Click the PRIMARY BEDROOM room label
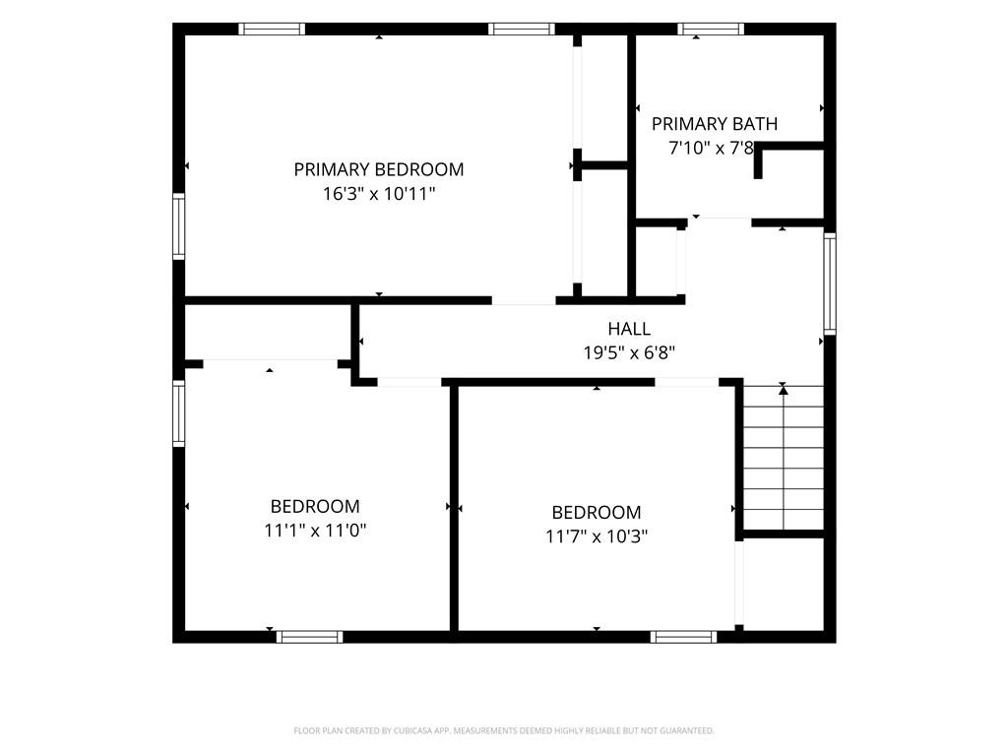[379, 169]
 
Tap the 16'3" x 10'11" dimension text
[379, 194]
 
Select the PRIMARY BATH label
[715, 123]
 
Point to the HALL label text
[629, 329]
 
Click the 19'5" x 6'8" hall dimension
[629, 353]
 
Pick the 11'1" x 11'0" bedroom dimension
[315, 531]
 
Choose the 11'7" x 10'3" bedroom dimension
[597, 536]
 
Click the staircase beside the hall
[784, 457]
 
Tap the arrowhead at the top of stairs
[783, 388]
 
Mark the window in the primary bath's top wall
[711, 29]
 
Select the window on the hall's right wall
[830, 283]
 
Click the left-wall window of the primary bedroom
[179, 226]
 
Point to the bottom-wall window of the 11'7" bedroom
[683, 637]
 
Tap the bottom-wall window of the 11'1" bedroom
[309, 637]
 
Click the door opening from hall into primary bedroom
[524, 300]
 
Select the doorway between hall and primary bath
[720, 222]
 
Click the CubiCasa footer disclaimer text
[504, 730]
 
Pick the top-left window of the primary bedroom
[272, 29]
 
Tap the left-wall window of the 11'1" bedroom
[179, 413]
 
